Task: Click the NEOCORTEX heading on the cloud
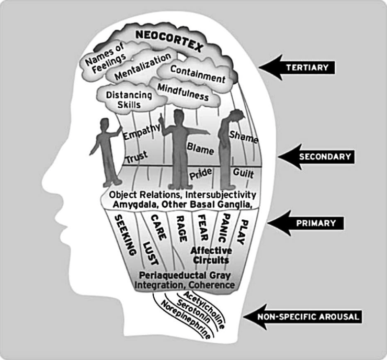[169, 40]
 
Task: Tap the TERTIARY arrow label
[308, 67]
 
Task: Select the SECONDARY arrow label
[325, 156]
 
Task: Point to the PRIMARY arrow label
[316, 223]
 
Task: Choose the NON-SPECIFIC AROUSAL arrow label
[308, 317]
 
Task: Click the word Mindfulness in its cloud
[183, 92]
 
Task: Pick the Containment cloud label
[198, 74]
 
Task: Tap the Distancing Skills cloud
[129, 100]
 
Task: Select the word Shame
[244, 137]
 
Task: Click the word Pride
[200, 174]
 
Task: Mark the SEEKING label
[126, 235]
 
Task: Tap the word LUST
[150, 254]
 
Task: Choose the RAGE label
[181, 229]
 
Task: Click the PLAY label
[242, 232]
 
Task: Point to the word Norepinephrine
[186, 320]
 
